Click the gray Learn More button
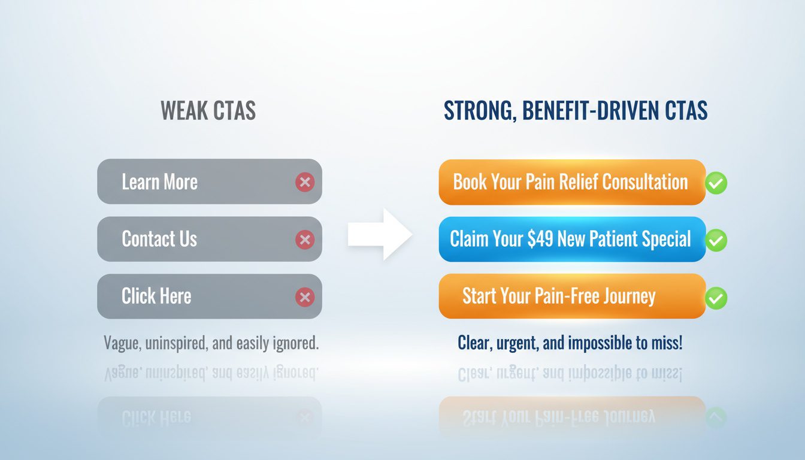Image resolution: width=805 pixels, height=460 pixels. click(x=209, y=181)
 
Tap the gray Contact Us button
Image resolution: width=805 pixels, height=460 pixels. click(x=209, y=239)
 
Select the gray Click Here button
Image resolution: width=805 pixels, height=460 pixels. click(x=209, y=296)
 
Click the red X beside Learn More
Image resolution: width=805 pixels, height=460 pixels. click(x=305, y=182)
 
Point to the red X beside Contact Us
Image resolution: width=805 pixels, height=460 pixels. click(x=305, y=240)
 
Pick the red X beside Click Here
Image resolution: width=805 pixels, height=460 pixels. click(x=305, y=296)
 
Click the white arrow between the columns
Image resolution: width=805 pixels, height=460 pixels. click(x=380, y=234)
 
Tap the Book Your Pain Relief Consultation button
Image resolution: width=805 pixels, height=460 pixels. click(x=571, y=182)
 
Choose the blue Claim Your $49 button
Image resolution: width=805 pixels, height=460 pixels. click(x=571, y=239)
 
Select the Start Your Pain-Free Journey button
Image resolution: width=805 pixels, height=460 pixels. click(x=571, y=296)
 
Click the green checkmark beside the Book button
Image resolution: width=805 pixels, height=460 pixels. click(x=716, y=183)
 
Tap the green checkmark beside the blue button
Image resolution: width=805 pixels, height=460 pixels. click(x=716, y=240)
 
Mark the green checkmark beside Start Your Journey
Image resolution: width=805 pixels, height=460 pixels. click(x=716, y=298)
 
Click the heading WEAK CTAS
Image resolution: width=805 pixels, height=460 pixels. click(x=208, y=111)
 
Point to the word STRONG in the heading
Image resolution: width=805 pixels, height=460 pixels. click(x=477, y=111)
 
